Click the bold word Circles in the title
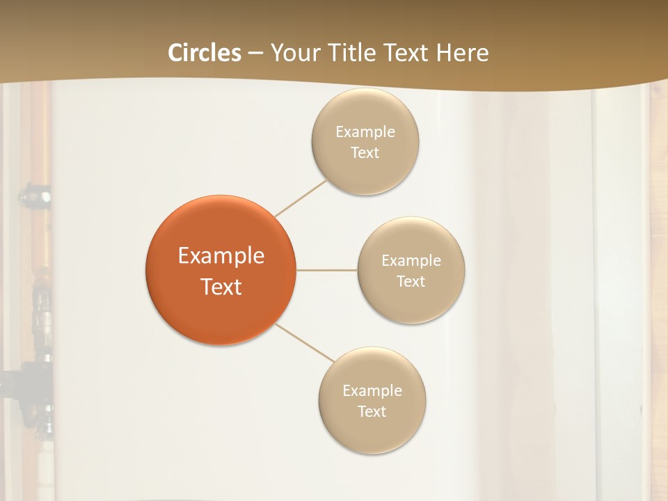point(204,53)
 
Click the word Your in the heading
point(292,53)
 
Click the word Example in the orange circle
point(221,256)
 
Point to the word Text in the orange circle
point(221,287)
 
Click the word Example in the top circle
point(365,132)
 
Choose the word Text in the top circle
point(365,152)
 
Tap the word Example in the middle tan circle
point(411,260)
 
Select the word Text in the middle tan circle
point(411,281)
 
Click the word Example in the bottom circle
point(372,390)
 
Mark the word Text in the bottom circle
point(372,411)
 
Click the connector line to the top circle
point(301,198)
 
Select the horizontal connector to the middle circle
point(326,270)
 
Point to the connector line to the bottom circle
point(305,343)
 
